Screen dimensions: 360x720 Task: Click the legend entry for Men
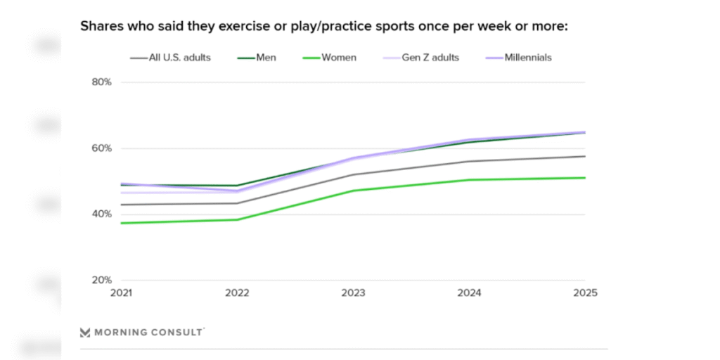click(x=266, y=58)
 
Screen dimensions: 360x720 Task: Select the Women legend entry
click(x=339, y=58)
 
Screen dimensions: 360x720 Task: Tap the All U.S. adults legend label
click(x=179, y=58)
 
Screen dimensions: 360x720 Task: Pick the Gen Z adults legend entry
click(x=430, y=58)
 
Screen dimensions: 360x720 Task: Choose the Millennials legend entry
click(x=527, y=58)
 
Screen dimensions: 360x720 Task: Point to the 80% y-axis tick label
click(x=102, y=82)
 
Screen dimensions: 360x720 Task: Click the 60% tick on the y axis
click(x=102, y=148)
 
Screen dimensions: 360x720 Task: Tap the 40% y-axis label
click(x=102, y=214)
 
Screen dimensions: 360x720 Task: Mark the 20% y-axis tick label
click(x=102, y=280)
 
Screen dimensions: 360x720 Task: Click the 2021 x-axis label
click(x=122, y=292)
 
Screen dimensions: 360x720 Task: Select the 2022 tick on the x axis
click(x=238, y=292)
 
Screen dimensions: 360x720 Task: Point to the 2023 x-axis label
click(x=354, y=292)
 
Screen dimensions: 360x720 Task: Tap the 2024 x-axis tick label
click(x=469, y=292)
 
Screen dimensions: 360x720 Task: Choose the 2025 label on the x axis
click(x=584, y=292)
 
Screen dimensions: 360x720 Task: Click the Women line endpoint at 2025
click(x=584, y=178)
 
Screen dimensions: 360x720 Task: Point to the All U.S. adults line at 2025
click(x=584, y=156)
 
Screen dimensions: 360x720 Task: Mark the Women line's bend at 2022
click(x=238, y=219)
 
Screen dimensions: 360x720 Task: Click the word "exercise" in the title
click(x=240, y=27)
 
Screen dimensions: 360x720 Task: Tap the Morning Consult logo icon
click(x=85, y=332)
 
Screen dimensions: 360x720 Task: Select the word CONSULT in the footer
click(x=177, y=332)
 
